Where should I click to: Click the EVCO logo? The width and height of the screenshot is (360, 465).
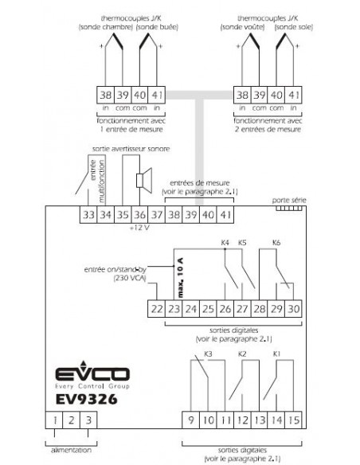pos(92,374)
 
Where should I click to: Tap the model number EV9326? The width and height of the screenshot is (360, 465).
pos(86,399)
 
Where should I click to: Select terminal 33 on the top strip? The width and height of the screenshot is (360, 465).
pos(88,214)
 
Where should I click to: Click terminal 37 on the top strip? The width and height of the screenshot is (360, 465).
pos(157,214)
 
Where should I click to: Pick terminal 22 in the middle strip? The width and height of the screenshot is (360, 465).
pos(157,309)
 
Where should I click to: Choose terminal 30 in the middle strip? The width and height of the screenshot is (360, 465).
pos(294,309)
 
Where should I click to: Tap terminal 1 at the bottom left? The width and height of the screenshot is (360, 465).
pos(54,420)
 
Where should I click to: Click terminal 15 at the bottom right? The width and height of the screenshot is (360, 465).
pos(294,420)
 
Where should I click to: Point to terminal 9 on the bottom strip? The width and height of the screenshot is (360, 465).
pos(190,420)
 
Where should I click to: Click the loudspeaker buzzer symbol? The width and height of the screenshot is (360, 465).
pos(144,180)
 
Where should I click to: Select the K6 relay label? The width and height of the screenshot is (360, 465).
pos(276,243)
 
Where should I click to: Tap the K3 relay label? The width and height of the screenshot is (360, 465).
pos(208,354)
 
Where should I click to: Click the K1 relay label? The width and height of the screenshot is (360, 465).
pos(276,354)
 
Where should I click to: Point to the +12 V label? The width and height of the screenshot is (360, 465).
pos(139,228)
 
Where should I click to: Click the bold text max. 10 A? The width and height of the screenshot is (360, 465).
pos(180,278)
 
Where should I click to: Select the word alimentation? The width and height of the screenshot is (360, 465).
pos(71,450)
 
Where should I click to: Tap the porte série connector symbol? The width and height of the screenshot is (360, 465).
pos(289,208)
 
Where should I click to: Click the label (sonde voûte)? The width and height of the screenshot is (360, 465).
pos(243,27)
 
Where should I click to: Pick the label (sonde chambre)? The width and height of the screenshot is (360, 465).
pos(106,27)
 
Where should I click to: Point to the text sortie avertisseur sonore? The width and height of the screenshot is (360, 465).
pos(131,149)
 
